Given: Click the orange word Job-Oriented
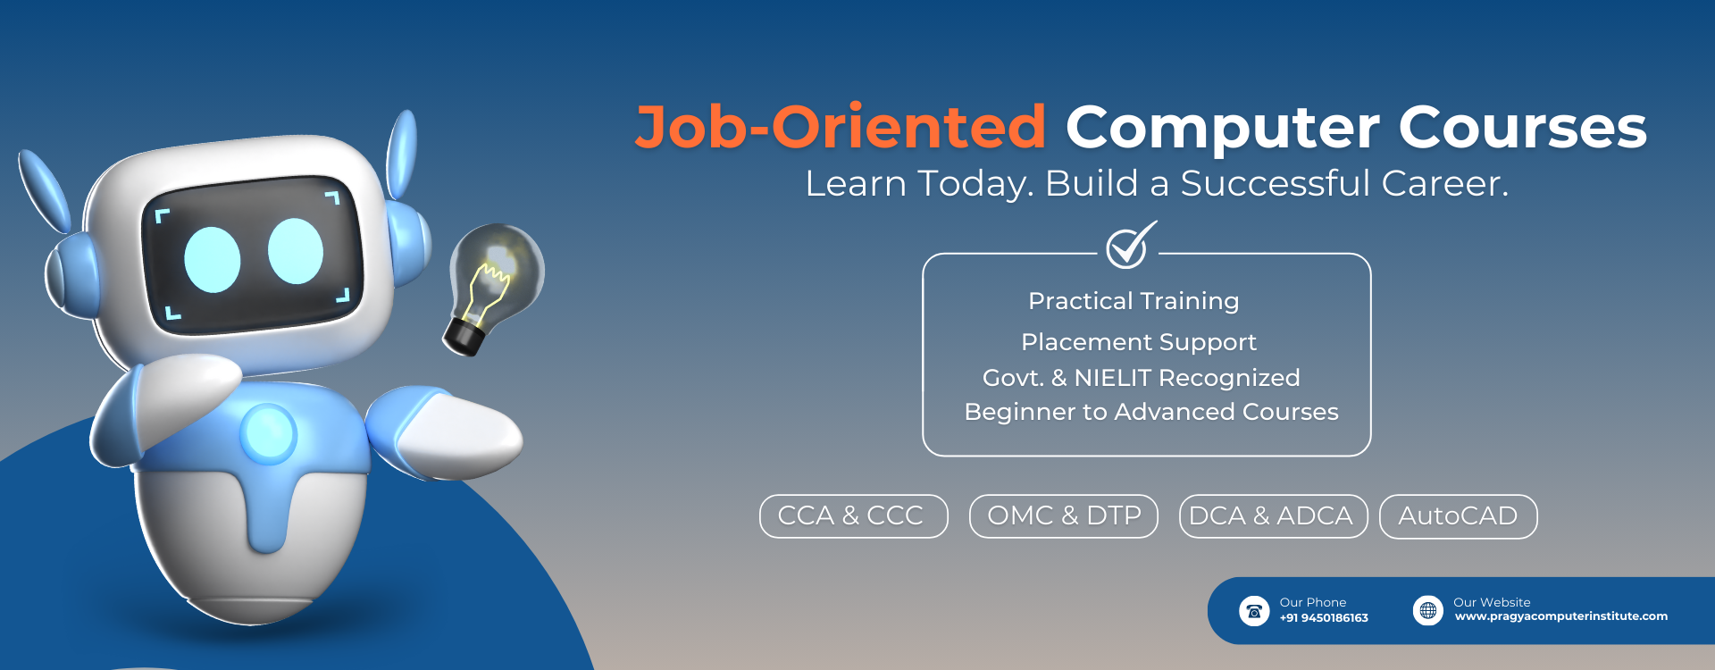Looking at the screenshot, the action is (841, 128).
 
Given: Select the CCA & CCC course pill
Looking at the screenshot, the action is (853, 516).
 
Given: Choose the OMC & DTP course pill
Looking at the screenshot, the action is (1063, 516).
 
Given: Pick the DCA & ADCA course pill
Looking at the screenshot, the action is (1273, 516).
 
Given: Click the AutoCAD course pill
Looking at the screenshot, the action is (1458, 516).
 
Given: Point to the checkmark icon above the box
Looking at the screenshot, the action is (1130, 245).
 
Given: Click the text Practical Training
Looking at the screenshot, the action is (1134, 302).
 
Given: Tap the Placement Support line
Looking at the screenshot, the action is (1138, 343).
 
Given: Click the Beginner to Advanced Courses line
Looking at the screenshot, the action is (1151, 412).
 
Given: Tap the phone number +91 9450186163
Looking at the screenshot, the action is (1324, 618).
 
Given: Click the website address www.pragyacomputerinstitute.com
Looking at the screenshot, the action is (1560, 616).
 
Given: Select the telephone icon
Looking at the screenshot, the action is (1254, 611).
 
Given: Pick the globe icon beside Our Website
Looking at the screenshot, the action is (1427, 610).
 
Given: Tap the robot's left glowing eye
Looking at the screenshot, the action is (213, 260).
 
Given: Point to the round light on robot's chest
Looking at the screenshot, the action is (268, 434).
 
